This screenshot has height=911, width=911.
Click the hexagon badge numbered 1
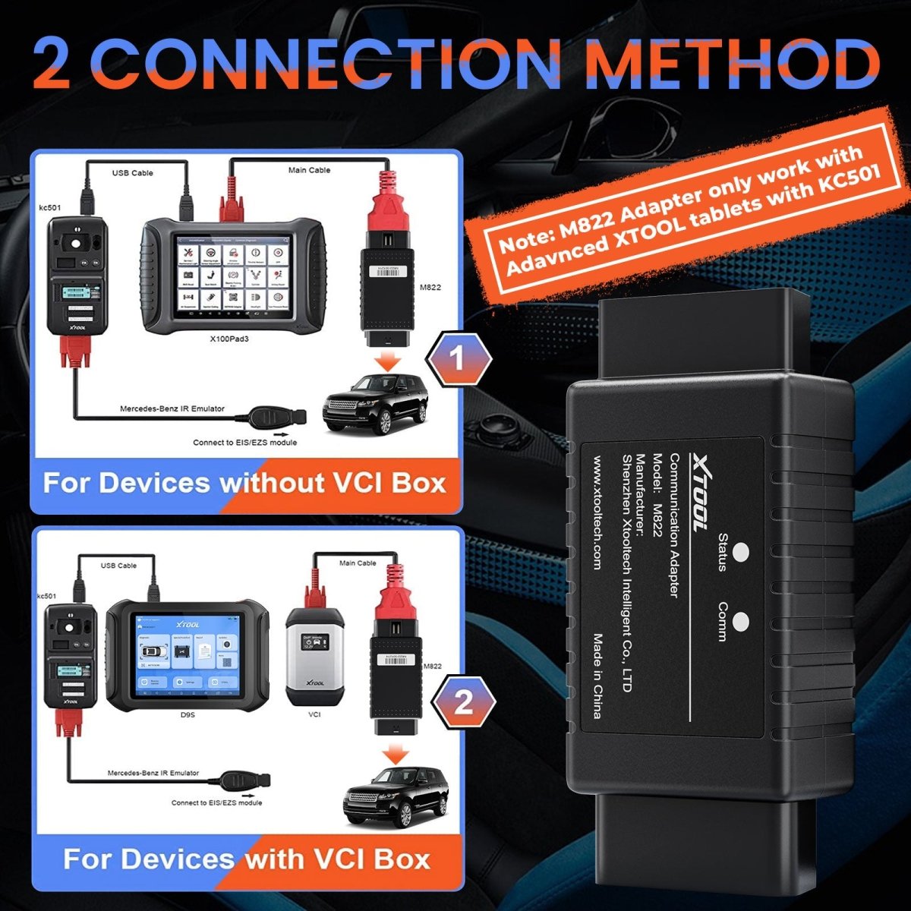pos(457,359)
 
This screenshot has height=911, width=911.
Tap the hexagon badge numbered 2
pos(463,703)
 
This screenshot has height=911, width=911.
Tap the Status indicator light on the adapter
pos(742,552)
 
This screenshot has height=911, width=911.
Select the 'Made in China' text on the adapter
pos(597,676)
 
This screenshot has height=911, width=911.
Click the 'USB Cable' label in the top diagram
pos(133,173)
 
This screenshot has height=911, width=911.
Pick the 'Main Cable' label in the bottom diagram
pos(358,563)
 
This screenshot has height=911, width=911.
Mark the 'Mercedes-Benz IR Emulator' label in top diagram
pos(172,409)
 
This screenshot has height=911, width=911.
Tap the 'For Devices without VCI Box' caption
pos(244,483)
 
